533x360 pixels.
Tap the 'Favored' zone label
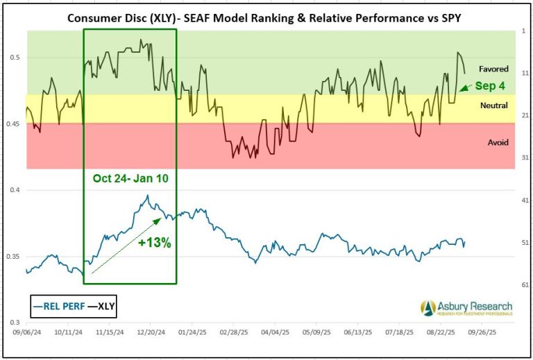coord(493,69)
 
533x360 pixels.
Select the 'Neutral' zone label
coord(493,105)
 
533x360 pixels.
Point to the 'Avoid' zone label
coord(498,142)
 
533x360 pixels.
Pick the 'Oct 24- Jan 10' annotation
coord(129,178)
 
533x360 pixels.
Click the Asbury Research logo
coord(466,307)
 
